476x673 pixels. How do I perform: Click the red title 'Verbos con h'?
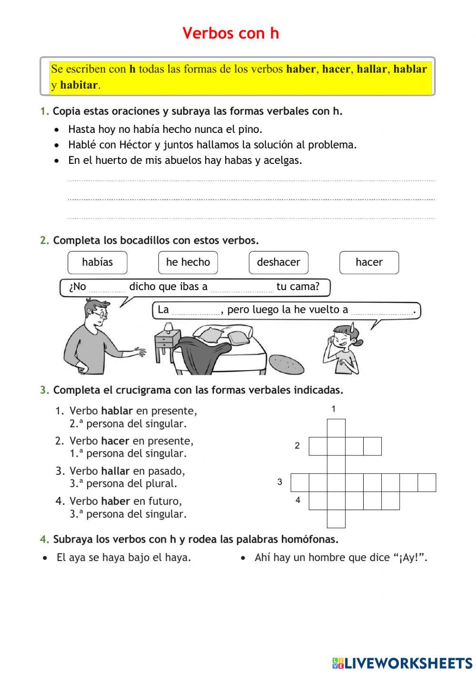click(x=231, y=33)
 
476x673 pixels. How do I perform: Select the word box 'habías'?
click(x=98, y=262)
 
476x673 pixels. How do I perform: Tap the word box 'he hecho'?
click(x=188, y=262)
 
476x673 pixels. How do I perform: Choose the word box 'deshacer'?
click(x=278, y=262)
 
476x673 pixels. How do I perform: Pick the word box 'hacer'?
click(x=369, y=262)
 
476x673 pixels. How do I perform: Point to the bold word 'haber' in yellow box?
click(x=301, y=69)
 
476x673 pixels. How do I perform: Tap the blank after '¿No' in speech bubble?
click(x=107, y=288)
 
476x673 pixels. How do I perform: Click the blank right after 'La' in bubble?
click(x=196, y=311)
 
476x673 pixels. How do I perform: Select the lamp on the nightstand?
click(x=168, y=328)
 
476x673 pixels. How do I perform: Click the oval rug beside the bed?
click(x=287, y=365)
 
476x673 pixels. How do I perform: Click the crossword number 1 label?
click(x=334, y=409)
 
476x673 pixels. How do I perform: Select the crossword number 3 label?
click(x=280, y=482)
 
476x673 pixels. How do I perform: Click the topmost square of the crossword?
click(x=336, y=428)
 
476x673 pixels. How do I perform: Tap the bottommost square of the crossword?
click(x=336, y=519)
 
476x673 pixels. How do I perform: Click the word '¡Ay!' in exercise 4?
click(x=409, y=558)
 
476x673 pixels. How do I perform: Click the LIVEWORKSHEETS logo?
click(x=402, y=663)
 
